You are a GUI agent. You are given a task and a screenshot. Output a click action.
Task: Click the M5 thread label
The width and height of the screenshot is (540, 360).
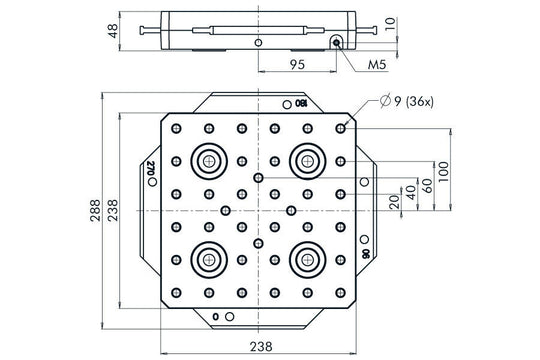pos(376,64)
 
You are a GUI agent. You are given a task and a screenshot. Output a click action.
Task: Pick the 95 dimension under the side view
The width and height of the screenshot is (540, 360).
pos(297,64)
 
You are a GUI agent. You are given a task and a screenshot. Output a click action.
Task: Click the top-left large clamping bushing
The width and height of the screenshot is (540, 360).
pos(210,160)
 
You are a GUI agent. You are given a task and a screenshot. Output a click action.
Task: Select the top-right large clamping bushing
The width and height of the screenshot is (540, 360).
pos(306,160)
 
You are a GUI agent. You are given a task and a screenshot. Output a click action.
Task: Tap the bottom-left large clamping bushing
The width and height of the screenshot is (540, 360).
pos(210,257)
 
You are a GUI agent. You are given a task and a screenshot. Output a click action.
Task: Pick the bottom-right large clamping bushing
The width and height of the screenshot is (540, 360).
pos(306,257)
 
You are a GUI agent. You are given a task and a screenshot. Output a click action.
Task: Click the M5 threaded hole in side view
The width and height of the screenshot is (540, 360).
pos(338,42)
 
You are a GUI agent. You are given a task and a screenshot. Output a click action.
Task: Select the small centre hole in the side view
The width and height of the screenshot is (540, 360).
pos(259,43)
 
